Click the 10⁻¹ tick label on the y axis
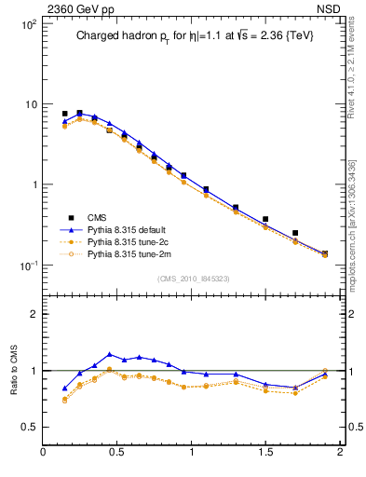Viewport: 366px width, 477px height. point(27,266)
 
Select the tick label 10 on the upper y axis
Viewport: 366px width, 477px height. point(30,104)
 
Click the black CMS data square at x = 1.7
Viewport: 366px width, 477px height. point(295,233)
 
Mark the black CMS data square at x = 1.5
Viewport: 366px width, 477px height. point(265,219)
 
